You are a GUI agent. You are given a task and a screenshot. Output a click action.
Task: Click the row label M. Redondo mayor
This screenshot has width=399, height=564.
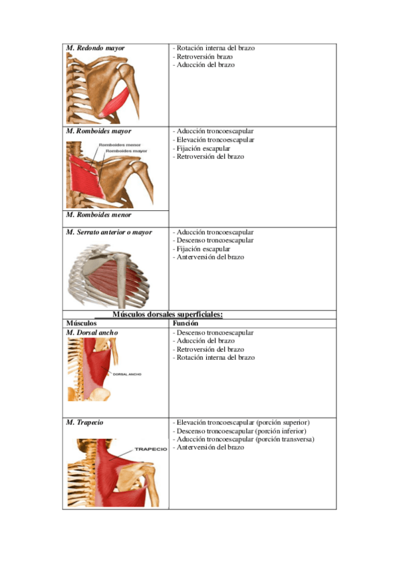click(95, 49)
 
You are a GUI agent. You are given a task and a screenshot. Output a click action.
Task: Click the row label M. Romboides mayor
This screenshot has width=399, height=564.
click(98, 132)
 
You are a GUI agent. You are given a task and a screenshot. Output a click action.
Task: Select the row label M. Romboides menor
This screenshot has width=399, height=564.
click(98, 215)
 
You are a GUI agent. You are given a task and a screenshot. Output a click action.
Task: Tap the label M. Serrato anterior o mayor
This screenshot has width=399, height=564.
click(109, 232)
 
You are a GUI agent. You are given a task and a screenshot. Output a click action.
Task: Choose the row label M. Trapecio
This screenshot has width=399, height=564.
click(84, 422)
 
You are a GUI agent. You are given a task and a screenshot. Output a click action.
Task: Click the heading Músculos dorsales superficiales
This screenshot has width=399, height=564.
click(167, 315)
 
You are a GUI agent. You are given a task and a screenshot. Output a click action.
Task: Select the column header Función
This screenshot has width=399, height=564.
click(184, 323)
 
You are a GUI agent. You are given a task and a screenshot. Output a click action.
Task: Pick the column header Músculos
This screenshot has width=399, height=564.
click(81, 323)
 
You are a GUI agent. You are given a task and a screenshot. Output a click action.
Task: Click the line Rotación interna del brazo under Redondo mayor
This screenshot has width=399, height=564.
click(214, 49)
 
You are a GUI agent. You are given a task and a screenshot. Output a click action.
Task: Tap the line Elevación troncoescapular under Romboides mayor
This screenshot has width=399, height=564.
click(214, 140)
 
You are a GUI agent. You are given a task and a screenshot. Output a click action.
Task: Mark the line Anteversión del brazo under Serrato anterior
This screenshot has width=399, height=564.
click(209, 257)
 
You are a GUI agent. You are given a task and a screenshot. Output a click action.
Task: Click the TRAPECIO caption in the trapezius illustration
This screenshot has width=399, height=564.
click(150, 449)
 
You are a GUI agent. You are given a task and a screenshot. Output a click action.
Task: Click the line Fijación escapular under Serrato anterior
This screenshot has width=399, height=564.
click(202, 249)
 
